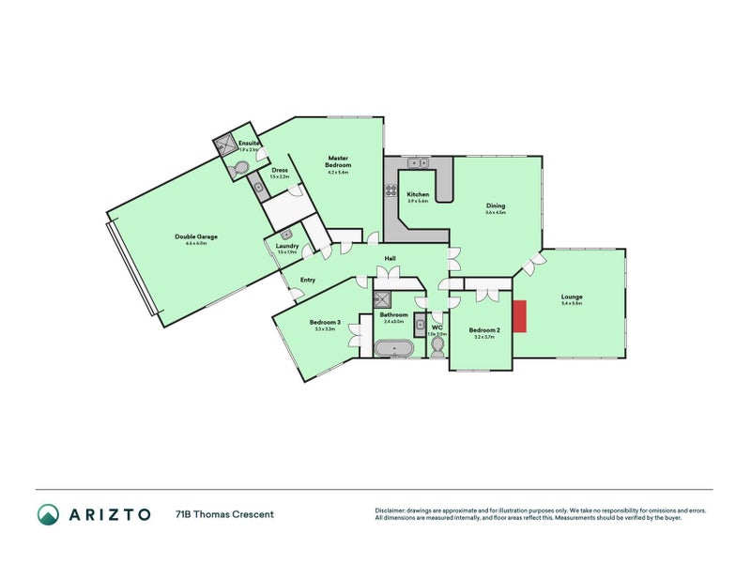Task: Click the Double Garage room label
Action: coord(195,236)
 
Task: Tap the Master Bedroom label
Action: coord(338,160)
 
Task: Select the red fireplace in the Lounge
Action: coord(521,315)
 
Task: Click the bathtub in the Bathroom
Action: coord(394,349)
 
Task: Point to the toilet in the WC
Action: coord(437,348)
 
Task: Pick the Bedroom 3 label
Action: coord(324,324)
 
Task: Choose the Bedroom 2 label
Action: coord(483,329)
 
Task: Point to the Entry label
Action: coord(307,280)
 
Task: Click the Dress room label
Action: coord(280,170)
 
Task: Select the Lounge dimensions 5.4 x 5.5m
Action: coord(572,303)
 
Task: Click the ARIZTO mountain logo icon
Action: coord(48,513)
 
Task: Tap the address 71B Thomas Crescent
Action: coord(224,514)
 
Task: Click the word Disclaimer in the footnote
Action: coord(391,510)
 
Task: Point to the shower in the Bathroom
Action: coord(383,300)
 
